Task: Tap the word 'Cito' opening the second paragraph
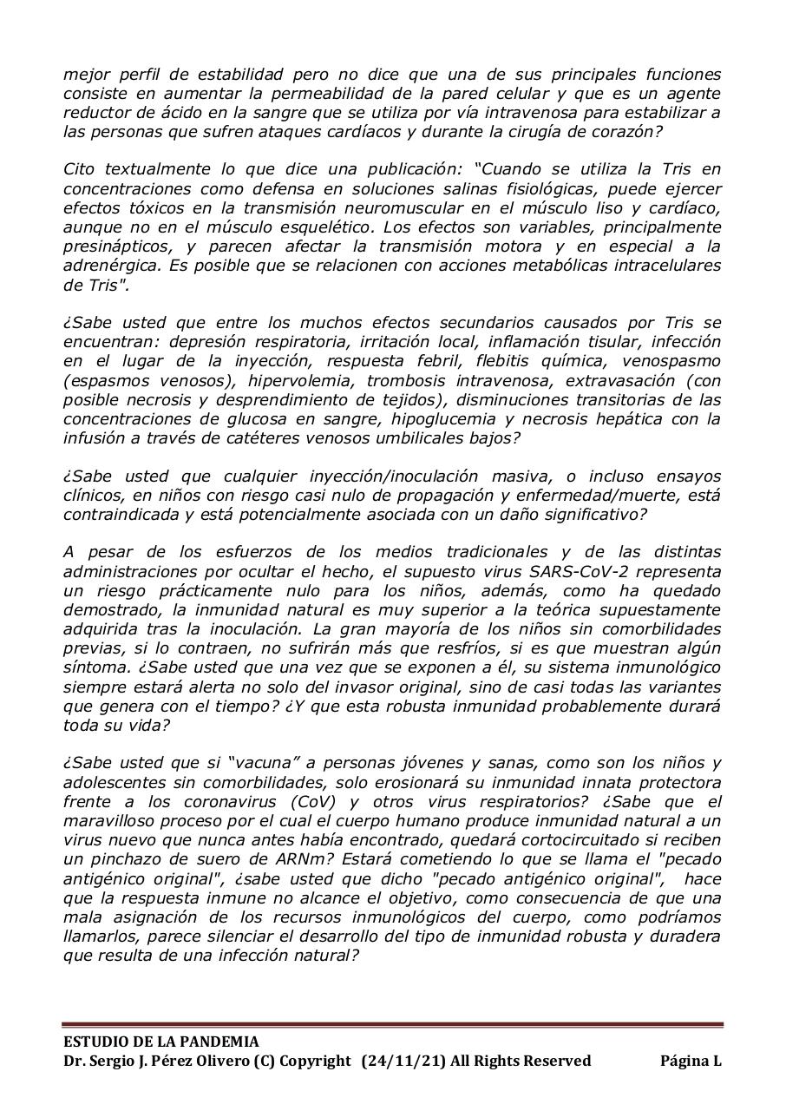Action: [80, 170]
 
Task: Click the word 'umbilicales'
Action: [399, 437]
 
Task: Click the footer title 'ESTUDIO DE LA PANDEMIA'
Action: [160, 1042]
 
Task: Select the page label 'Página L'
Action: [691, 1061]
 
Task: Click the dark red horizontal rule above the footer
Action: [392, 1025]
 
